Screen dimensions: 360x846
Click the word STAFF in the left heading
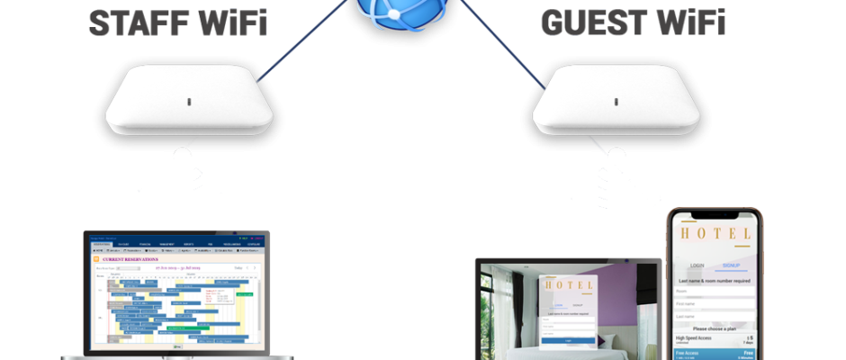[x=133, y=22]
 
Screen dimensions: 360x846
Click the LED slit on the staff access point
[x=187, y=101]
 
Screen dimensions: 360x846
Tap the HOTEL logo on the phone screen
[x=715, y=235]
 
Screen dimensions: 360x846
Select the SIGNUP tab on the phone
[x=732, y=266]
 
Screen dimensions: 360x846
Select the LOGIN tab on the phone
[x=697, y=266]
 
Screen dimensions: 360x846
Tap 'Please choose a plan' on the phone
[x=715, y=328]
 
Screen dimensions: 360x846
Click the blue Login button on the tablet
[x=568, y=340]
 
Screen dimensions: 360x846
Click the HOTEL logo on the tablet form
[x=568, y=288]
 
